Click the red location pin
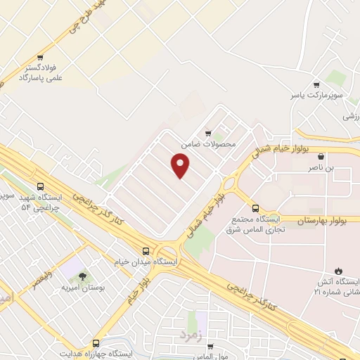pyautogui.click(x=181, y=166)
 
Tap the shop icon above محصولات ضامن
pyautogui.click(x=207, y=133)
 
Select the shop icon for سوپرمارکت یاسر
pyautogui.click(x=317, y=83)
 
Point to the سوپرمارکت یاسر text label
pyautogui.click(x=317, y=94)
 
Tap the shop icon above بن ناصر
pyautogui.click(x=321, y=157)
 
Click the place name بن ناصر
pyautogui.click(x=321, y=169)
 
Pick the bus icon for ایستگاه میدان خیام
pyautogui.click(x=146, y=250)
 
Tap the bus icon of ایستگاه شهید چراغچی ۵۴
pyautogui.click(x=40, y=187)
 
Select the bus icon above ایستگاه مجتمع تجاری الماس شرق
pyautogui.click(x=255, y=208)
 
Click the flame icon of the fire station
pyautogui.click(x=339, y=271)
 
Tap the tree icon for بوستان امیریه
pyautogui.click(x=83, y=277)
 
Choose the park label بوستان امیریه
pyautogui.click(x=82, y=288)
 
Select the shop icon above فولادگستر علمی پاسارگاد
pyautogui.click(x=40, y=58)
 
